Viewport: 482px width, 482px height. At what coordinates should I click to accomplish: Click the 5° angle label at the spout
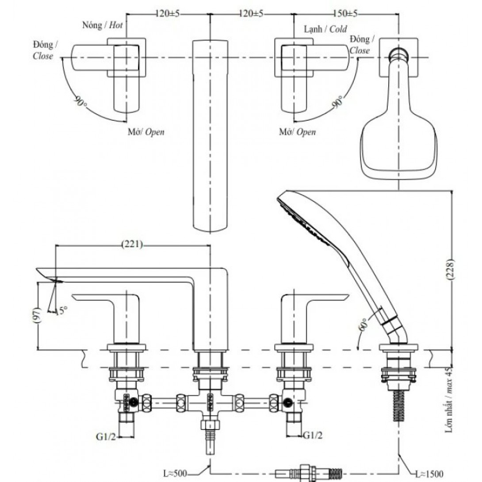[64, 311]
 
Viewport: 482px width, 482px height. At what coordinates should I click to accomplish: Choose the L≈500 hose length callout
[175, 474]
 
